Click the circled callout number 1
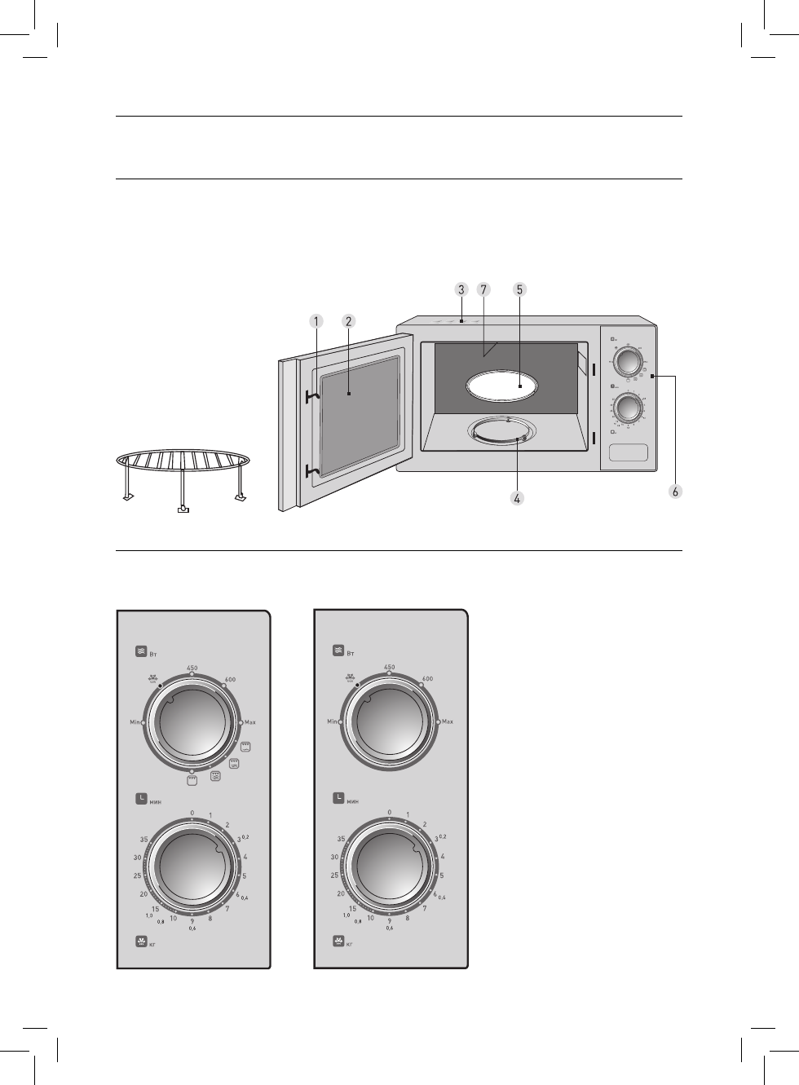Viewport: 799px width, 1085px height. (x=317, y=321)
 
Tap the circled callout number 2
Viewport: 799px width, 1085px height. (x=348, y=321)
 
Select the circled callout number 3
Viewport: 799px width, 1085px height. (x=461, y=289)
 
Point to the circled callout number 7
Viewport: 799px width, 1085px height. (x=483, y=289)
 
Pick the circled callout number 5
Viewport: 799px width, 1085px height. (x=520, y=289)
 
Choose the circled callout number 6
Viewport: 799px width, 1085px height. (x=673, y=491)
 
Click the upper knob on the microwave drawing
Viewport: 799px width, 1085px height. (x=627, y=360)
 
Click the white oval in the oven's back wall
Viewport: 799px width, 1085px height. (x=503, y=386)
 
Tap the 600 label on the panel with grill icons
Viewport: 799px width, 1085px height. (x=230, y=679)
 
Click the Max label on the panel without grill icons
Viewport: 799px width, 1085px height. (x=448, y=722)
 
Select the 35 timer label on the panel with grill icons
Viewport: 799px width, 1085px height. (x=143, y=839)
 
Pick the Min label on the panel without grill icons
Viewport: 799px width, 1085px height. (x=333, y=722)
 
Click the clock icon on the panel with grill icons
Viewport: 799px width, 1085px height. (x=142, y=799)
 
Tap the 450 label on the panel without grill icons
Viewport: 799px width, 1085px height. (x=389, y=668)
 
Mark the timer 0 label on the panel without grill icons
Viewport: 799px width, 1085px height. (x=390, y=813)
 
